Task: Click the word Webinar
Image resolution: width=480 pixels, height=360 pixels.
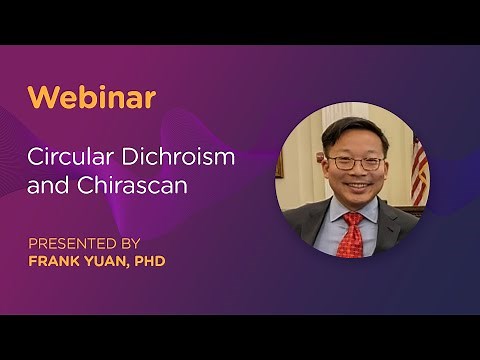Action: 91,97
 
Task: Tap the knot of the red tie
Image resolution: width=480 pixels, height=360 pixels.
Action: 350,219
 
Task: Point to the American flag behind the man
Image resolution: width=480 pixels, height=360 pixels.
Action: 419,170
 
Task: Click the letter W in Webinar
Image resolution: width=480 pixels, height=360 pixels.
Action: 41,97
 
